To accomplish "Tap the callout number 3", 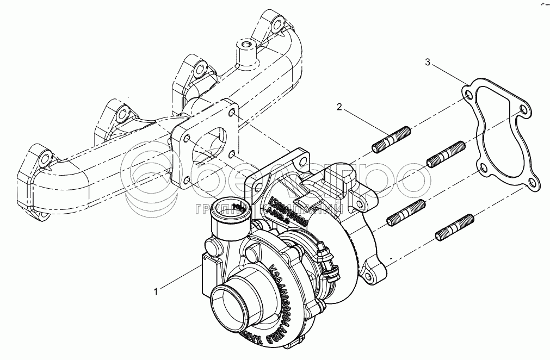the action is (x=428, y=64).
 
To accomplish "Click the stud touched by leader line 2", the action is (x=392, y=139).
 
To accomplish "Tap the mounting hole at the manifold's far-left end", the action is (x=45, y=160).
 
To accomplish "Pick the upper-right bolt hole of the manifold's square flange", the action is (x=232, y=113).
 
